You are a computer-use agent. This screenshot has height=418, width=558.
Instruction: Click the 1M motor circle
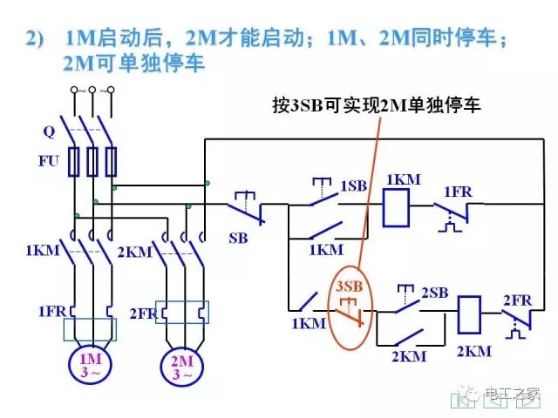point(90,364)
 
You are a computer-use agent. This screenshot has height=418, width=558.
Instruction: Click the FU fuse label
point(48,161)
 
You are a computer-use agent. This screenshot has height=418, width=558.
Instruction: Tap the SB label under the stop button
point(238,237)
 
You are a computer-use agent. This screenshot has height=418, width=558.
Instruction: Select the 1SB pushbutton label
point(353,186)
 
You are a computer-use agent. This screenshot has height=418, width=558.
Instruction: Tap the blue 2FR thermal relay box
point(183,312)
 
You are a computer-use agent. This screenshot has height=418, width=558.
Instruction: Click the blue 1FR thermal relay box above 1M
point(90,328)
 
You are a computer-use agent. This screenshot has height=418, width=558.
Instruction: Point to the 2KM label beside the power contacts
point(134,252)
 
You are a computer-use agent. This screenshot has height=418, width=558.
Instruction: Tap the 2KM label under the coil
point(473,351)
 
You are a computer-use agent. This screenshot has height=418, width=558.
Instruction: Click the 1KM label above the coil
point(403,179)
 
